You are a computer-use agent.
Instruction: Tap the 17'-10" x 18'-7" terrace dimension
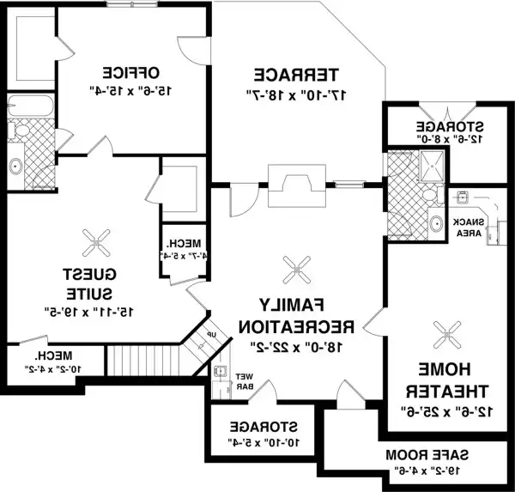(296, 91)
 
